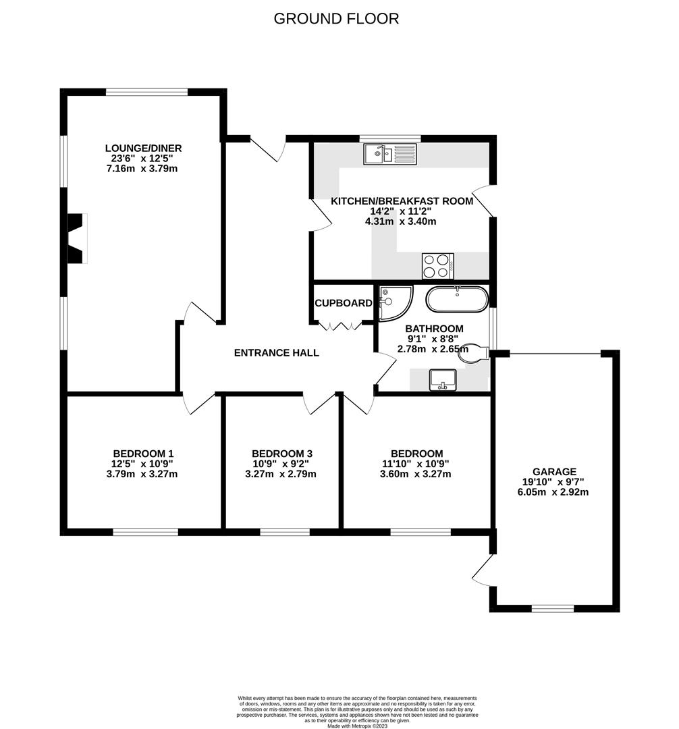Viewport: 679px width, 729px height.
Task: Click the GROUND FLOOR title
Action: pos(336,19)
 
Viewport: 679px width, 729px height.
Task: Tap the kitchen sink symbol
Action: pos(391,155)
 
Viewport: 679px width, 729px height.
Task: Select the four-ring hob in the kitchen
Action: pos(437,265)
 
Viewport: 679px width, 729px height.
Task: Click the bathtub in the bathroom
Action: pos(456,299)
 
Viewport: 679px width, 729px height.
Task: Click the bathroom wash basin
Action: pos(443,379)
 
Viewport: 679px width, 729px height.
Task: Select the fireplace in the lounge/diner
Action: pos(76,238)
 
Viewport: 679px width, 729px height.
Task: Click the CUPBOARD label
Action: pos(344,304)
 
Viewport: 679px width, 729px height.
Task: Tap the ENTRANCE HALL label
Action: pos(277,353)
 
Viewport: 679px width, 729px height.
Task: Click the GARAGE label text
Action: pos(554,472)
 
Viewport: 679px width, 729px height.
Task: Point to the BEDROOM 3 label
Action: pos(282,454)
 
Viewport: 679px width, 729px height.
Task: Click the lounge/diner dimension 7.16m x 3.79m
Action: pos(142,169)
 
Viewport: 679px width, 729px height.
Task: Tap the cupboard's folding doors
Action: pos(341,326)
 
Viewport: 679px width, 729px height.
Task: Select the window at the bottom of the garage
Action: pos(553,608)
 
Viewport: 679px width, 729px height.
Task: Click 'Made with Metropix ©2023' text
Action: pos(358,726)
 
